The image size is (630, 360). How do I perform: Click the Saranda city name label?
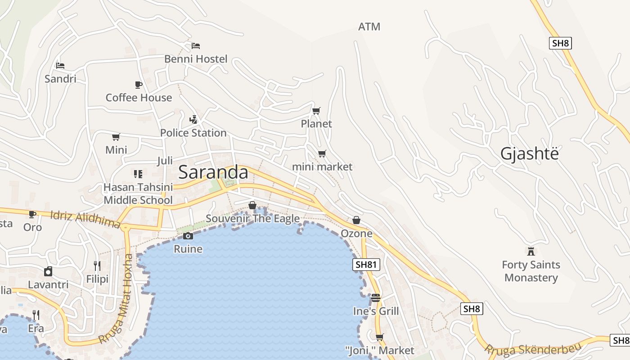click(213, 172)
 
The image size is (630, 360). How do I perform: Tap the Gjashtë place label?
click(529, 154)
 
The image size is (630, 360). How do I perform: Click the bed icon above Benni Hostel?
click(195, 46)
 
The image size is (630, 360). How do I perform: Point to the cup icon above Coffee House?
click(139, 85)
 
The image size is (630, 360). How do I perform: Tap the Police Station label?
click(193, 133)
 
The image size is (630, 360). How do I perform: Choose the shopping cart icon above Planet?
click(316, 111)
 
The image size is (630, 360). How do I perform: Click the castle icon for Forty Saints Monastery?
click(531, 251)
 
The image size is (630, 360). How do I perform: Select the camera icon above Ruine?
click(188, 236)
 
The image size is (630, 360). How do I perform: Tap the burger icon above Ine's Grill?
click(376, 298)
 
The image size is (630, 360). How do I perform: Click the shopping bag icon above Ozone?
click(356, 220)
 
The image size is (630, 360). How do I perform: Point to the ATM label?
click(369, 27)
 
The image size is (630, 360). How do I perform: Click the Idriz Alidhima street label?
click(85, 219)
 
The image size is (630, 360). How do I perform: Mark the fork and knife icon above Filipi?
click(97, 266)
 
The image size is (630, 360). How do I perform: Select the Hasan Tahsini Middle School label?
click(138, 193)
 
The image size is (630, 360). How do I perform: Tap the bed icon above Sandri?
click(60, 66)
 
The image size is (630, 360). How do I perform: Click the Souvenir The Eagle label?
click(252, 219)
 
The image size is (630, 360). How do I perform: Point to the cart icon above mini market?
click(322, 154)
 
